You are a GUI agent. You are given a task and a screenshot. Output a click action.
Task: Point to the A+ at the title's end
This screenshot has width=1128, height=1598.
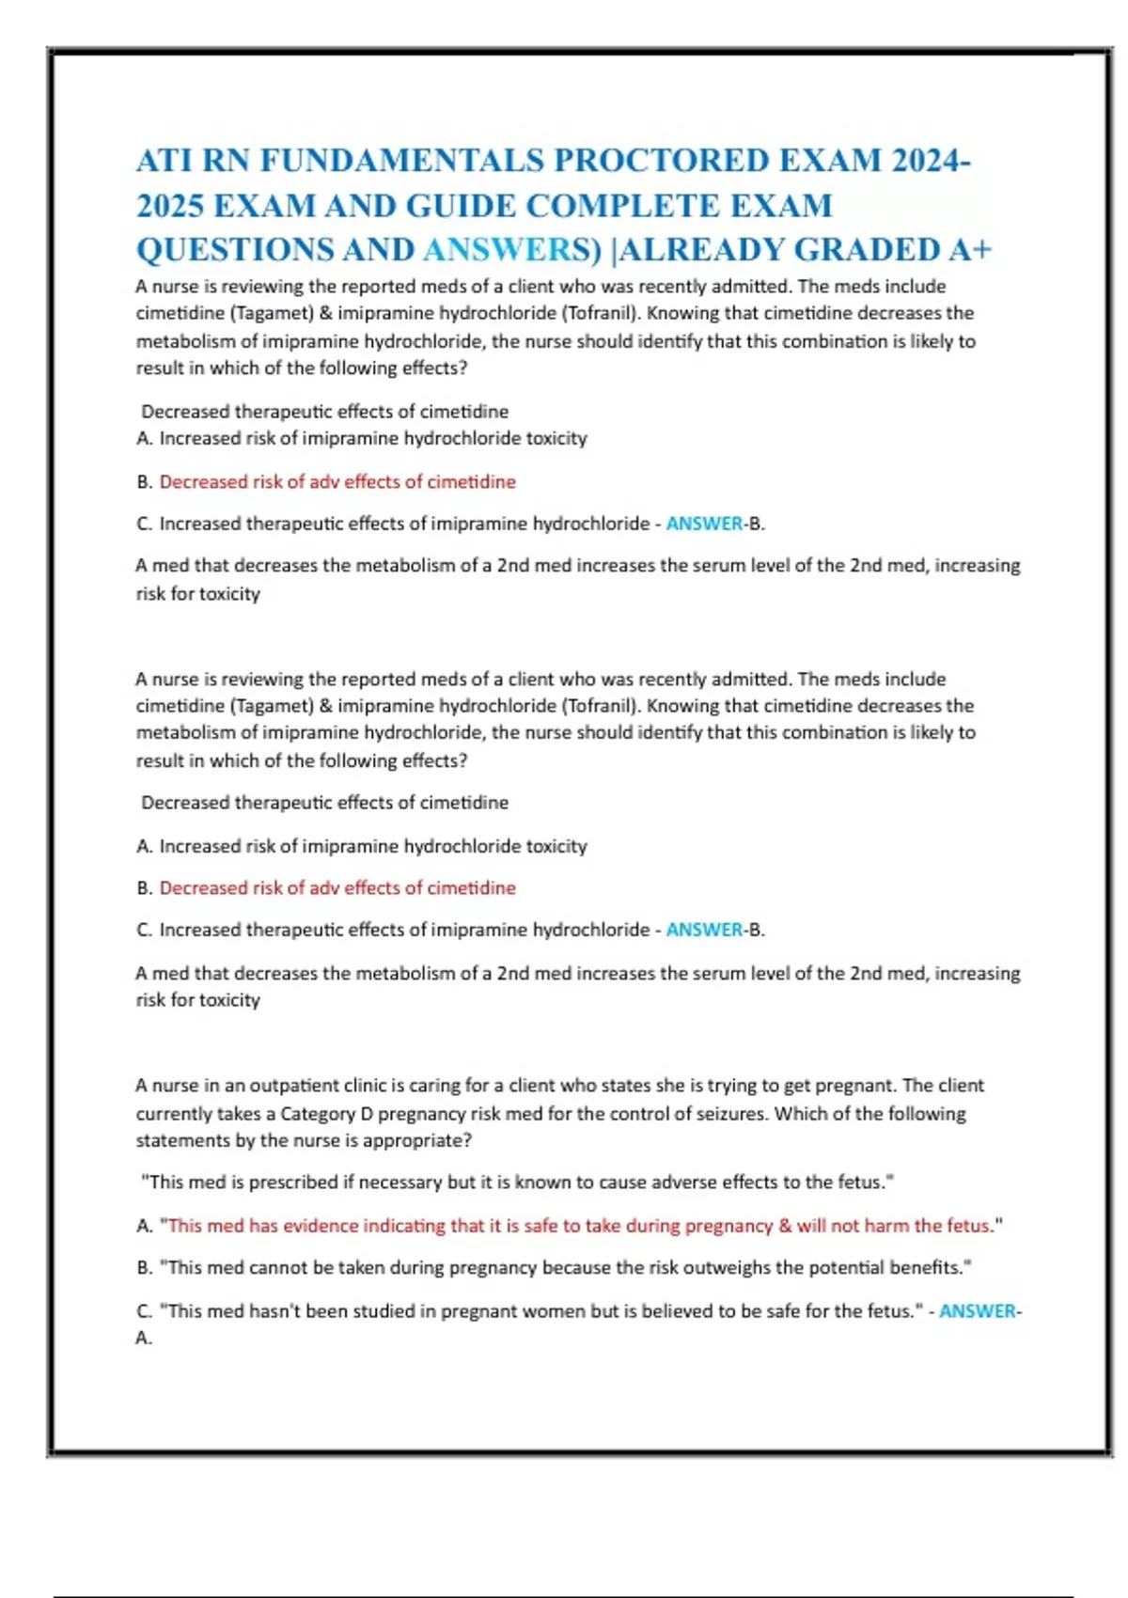coord(970,250)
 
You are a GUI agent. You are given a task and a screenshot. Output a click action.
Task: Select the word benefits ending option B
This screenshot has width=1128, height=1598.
coord(927,1268)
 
